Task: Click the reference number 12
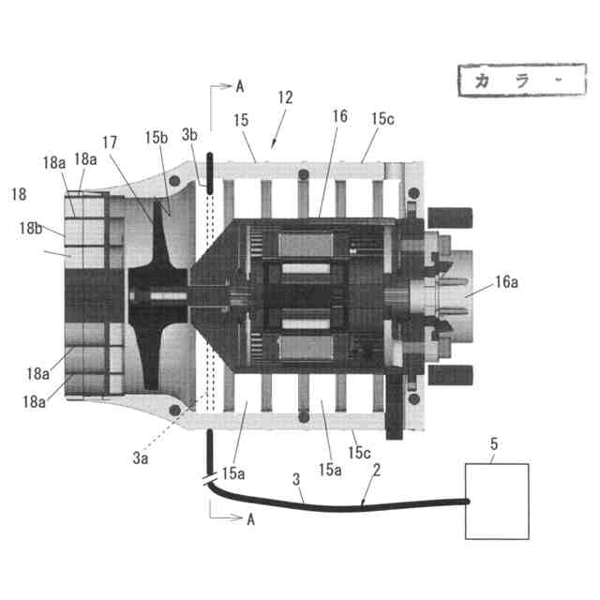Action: (286, 97)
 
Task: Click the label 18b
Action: (30, 228)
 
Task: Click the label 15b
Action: (156, 138)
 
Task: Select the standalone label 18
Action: (18, 194)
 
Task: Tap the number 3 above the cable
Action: (297, 480)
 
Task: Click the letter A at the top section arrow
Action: (239, 86)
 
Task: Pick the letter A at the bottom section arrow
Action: (249, 522)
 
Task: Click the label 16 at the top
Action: (338, 116)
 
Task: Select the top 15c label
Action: (382, 119)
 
